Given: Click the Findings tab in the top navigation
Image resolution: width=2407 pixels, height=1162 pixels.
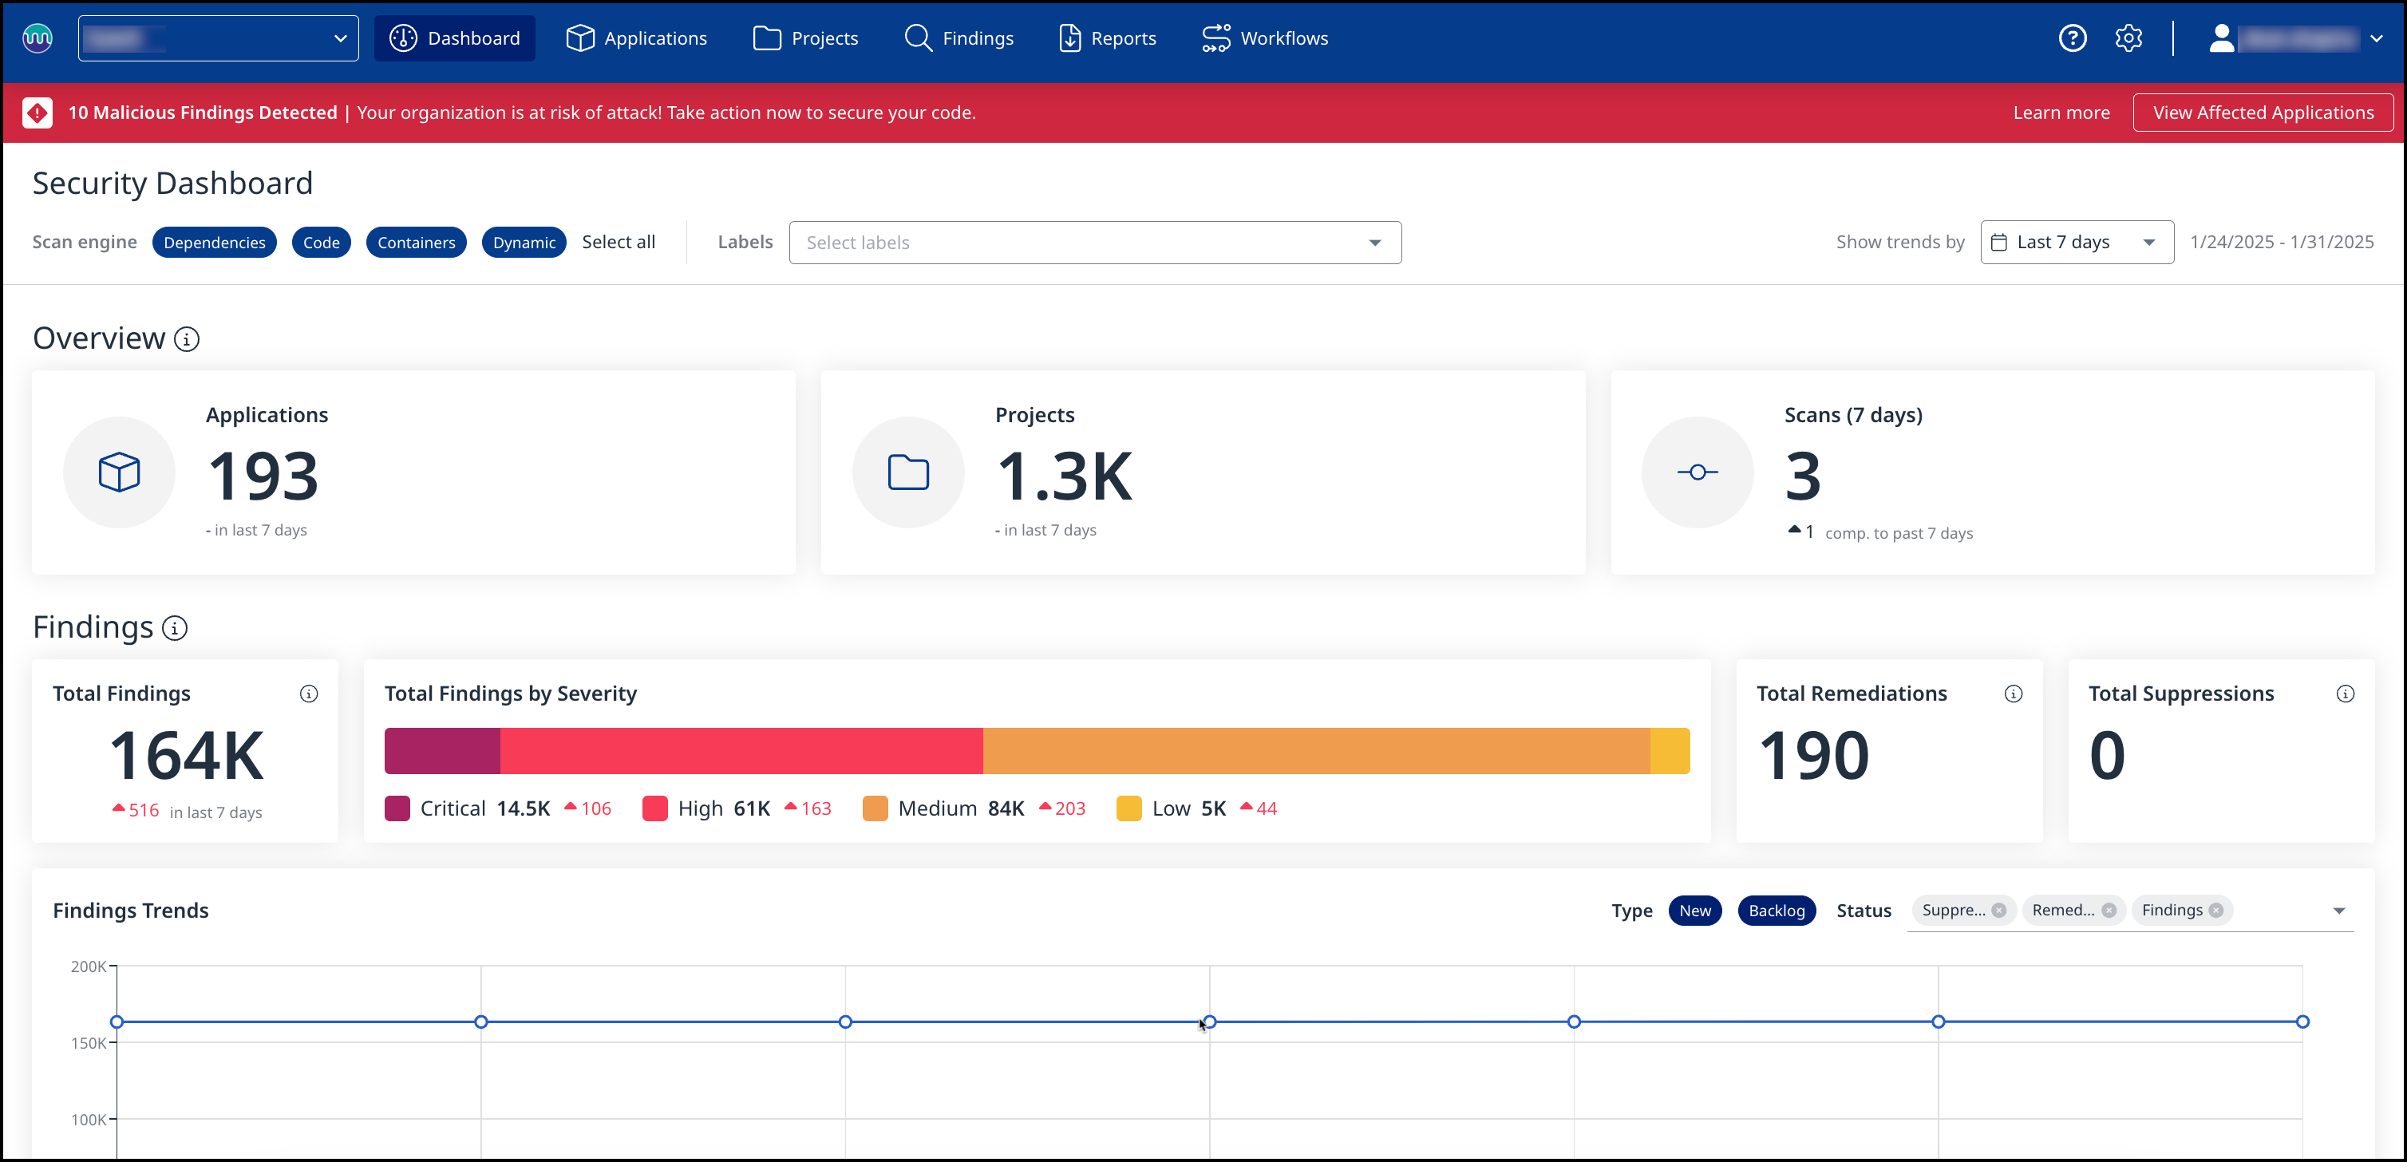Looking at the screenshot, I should [x=959, y=38].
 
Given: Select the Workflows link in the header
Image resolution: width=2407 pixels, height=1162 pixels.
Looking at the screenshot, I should [x=1265, y=38].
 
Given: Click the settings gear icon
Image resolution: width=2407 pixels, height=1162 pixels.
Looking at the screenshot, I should [x=2128, y=38].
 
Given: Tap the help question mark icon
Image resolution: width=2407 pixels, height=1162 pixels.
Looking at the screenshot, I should [x=2073, y=38].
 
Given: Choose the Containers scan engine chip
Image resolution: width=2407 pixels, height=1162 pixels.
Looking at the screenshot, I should [x=416, y=243].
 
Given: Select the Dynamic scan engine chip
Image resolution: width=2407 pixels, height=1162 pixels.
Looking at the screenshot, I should [x=524, y=243].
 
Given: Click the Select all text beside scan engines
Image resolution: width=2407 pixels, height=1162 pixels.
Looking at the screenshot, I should [x=619, y=242].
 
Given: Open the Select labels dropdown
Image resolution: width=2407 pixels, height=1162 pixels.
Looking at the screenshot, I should [x=1094, y=243].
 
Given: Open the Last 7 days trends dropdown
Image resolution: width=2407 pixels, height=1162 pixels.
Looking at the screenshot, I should [x=2077, y=243].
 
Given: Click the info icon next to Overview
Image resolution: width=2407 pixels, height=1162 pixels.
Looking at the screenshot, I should [x=187, y=339].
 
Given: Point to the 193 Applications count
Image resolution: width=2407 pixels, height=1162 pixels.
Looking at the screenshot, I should [x=263, y=476].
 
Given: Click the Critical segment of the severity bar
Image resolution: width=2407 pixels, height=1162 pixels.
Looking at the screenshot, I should [x=442, y=751].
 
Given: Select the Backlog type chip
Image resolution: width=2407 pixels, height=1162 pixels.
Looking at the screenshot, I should [x=1776, y=911].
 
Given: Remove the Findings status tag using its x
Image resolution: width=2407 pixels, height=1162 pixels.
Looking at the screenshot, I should [x=2215, y=911].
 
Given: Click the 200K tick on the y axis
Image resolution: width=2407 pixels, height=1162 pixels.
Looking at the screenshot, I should [x=89, y=966].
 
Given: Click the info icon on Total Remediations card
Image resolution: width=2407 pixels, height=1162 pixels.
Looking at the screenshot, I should [x=2013, y=694].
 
